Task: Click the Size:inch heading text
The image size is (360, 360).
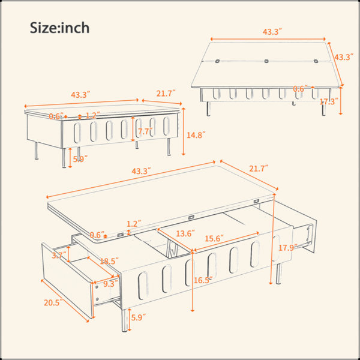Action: tap(59, 28)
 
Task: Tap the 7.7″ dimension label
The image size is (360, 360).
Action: tap(146, 131)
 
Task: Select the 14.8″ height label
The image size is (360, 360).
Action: tap(196, 135)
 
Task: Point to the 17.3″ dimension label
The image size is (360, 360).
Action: tap(329, 101)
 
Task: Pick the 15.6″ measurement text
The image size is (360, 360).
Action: tap(214, 239)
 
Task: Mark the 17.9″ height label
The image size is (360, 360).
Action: tap(288, 248)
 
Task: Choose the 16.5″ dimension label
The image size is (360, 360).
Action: tap(203, 280)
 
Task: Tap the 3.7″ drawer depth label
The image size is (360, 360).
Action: tap(59, 255)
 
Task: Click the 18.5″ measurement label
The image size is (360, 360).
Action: tap(109, 261)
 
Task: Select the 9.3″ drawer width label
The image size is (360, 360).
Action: tap(110, 284)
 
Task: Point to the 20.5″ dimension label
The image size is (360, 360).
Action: tap(53, 302)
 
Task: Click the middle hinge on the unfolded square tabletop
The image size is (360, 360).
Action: tap(266, 61)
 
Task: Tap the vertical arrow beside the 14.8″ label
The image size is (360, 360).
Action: tap(183, 131)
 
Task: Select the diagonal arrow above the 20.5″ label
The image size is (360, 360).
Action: tap(65, 301)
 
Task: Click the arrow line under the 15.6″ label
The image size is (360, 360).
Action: tap(227, 242)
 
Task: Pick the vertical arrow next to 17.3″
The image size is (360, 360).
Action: tap(341, 101)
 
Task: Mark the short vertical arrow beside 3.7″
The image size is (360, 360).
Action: tap(68, 254)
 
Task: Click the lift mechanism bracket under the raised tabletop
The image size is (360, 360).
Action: tap(170, 247)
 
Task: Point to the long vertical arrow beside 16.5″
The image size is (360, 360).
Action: tap(193, 281)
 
